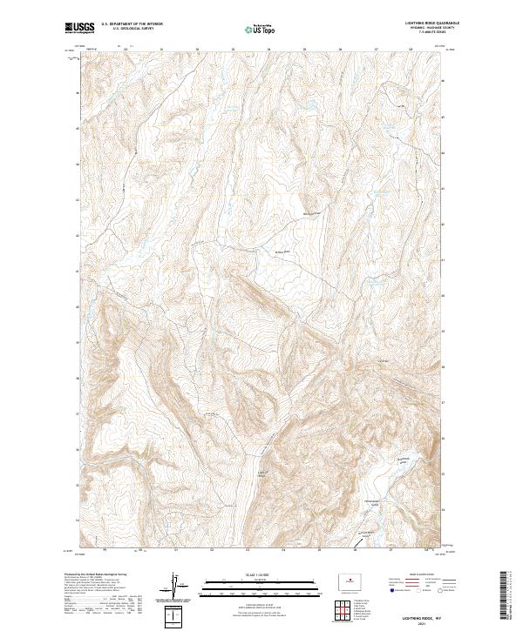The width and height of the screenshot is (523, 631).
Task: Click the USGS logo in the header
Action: (x=79, y=28)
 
